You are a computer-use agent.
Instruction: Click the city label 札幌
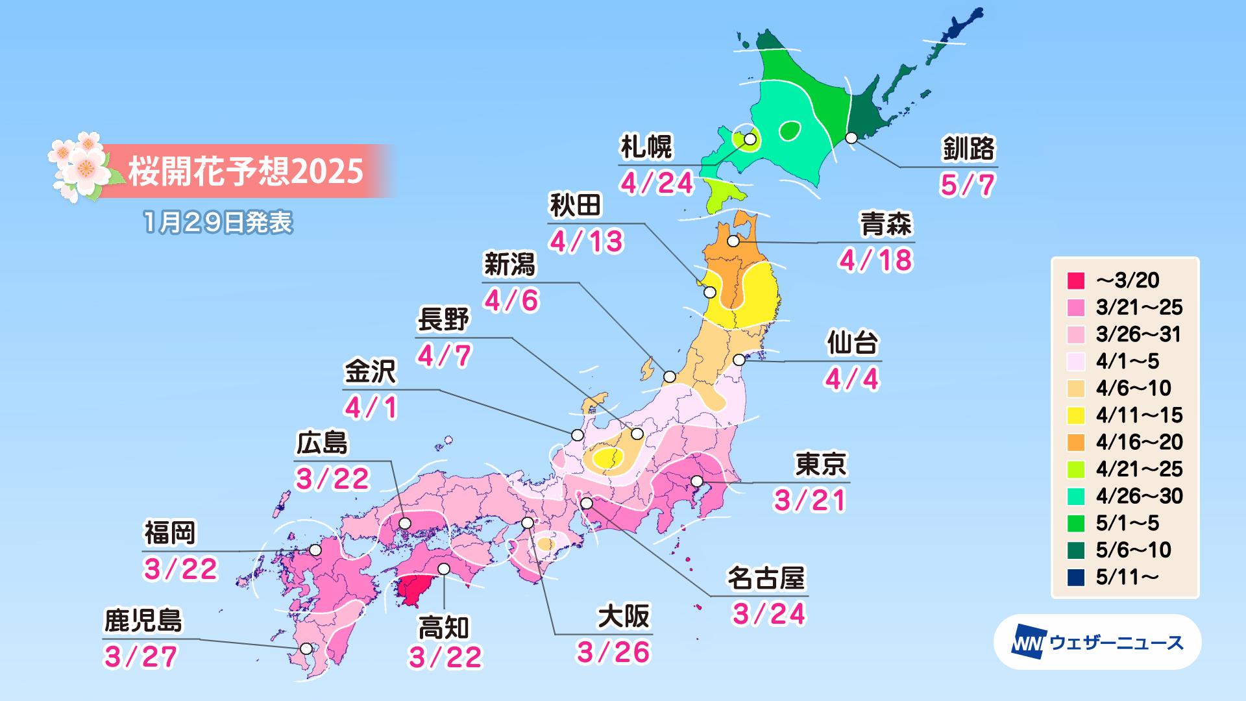[x=646, y=147]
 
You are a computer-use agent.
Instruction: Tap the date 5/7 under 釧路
[x=967, y=186]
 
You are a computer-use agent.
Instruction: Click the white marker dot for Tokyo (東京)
[x=697, y=481]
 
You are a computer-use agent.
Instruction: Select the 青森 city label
[x=886, y=224]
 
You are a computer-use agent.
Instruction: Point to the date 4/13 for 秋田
[x=587, y=241]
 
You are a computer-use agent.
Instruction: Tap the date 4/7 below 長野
[x=445, y=356]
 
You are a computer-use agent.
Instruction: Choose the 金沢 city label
[x=369, y=373]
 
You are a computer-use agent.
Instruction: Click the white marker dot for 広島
[x=405, y=523]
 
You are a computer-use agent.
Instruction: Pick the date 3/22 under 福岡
[x=180, y=569]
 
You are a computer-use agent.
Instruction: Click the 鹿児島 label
[x=143, y=621]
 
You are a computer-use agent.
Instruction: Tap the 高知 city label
[x=443, y=628]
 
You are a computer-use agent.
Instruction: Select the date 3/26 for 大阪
[x=613, y=653]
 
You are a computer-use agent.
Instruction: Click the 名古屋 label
[x=766, y=578]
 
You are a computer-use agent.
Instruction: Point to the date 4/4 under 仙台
[x=852, y=378]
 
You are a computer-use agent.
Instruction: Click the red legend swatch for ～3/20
[x=1076, y=280]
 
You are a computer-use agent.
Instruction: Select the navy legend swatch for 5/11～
[x=1076, y=577]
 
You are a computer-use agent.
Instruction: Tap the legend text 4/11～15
[x=1139, y=415]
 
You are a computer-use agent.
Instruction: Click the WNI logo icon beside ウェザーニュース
[x=1025, y=643]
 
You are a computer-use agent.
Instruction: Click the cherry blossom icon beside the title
[x=78, y=166]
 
